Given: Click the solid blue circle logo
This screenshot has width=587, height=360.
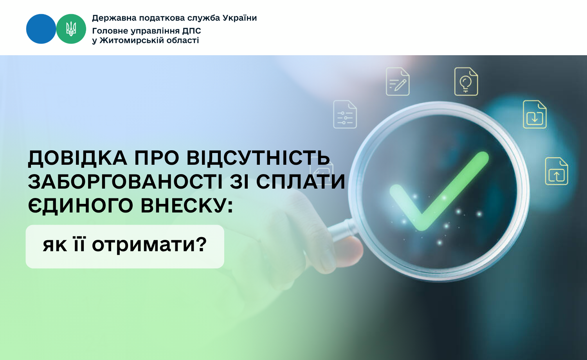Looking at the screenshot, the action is [41, 29].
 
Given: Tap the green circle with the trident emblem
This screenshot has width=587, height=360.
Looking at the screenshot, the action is [71, 29].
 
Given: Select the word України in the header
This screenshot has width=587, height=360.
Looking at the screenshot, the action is [239, 18].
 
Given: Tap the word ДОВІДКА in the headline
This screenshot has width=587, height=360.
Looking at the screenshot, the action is [77, 158].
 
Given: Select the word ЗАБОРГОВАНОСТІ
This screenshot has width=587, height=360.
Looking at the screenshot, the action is [125, 182].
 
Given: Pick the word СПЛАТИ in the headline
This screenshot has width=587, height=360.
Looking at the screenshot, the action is [301, 182].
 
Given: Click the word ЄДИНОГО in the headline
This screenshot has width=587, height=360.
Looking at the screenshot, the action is [81, 206].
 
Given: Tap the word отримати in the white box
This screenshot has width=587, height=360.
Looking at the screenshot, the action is [149, 245].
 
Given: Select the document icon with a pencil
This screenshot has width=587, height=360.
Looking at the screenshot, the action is [398, 81].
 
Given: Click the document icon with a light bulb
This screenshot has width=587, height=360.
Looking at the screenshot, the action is [466, 81].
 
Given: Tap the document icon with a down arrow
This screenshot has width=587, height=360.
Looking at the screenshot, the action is [535, 115].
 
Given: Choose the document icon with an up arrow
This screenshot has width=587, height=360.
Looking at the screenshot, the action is [556, 171].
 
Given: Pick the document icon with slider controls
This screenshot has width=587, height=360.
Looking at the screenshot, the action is [345, 115].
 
